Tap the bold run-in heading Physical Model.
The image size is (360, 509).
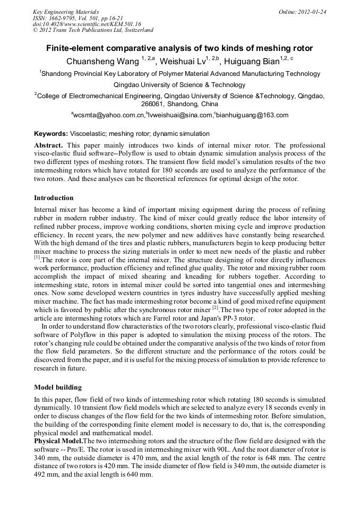58,441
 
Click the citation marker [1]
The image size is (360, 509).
37,257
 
